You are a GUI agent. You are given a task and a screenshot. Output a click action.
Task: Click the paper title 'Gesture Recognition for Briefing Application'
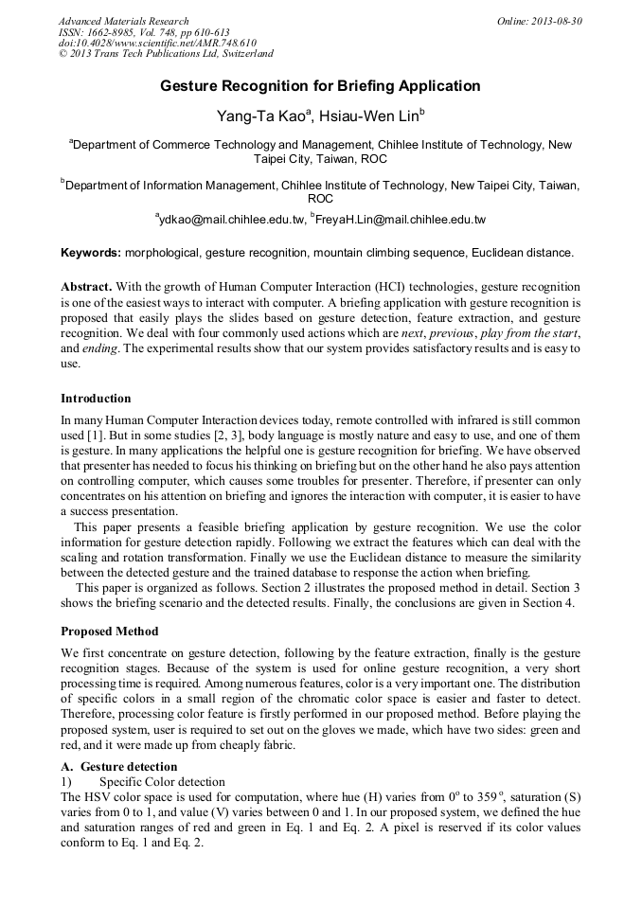click(x=320, y=86)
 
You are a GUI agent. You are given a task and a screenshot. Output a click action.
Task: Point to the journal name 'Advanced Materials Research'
click(x=123, y=21)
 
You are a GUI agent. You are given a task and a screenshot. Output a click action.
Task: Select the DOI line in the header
click(x=157, y=44)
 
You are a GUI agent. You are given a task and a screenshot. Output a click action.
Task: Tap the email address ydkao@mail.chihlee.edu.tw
click(x=233, y=220)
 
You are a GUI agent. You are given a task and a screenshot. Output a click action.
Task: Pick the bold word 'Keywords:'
click(x=91, y=253)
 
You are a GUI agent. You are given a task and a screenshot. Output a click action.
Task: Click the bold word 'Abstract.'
click(x=88, y=286)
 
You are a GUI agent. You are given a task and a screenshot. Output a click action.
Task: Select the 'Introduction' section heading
click(x=96, y=398)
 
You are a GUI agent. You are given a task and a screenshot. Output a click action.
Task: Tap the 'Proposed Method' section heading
click(x=110, y=631)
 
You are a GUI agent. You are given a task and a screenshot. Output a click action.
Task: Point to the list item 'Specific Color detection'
click(x=162, y=781)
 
